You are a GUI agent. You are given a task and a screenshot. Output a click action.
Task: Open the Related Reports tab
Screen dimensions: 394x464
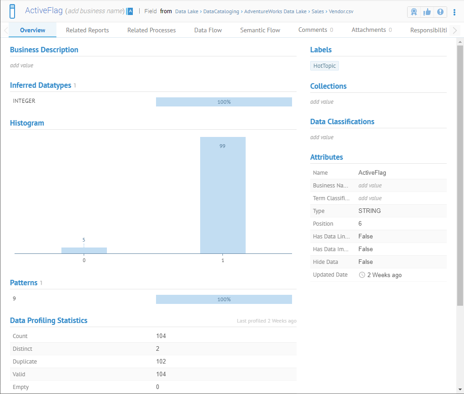click(x=87, y=30)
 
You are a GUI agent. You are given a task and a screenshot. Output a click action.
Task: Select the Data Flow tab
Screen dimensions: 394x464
click(x=208, y=30)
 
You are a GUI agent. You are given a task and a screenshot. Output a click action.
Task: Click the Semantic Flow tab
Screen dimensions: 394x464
click(x=260, y=30)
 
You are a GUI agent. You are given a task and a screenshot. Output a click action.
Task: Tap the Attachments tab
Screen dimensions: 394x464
click(x=372, y=30)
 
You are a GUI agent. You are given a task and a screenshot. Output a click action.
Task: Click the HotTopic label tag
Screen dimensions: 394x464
click(x=324, y=66)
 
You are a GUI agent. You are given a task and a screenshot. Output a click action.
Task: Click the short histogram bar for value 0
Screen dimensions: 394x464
click(x=84, y=250)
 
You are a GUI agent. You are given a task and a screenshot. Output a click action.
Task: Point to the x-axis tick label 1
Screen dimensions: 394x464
click(x=222, y=261)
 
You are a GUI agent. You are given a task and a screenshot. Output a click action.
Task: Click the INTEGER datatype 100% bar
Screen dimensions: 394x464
click(x=224, y=102)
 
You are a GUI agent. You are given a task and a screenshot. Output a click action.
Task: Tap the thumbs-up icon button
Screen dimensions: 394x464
click(x=427, y=12)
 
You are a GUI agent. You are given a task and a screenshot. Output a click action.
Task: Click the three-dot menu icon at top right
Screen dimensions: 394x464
click(x=454, y=12)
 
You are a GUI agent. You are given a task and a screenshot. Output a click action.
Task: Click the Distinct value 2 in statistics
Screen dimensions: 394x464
click(x=158, y=349)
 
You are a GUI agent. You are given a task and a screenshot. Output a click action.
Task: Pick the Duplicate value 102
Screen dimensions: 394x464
click(x=161, y=362)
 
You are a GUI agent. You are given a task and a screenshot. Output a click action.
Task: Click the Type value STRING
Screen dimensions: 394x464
click(x=369, y=211)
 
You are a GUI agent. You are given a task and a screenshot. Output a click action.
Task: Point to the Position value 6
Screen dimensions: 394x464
click(x=360, y=224)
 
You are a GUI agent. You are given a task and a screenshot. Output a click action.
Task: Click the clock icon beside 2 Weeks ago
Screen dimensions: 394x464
click(x=362, y=275)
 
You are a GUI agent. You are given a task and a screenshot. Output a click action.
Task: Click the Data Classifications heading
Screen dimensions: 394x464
click(x=342, y=121)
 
